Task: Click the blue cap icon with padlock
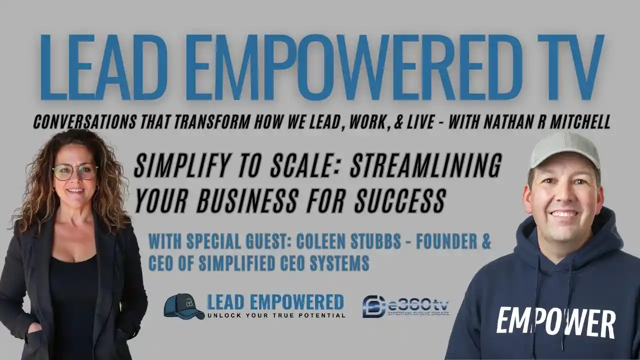click(183, 306)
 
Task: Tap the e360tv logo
click(405, 306)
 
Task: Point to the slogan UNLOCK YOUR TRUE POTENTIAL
click(276, 315)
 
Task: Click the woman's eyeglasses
click(75, 171)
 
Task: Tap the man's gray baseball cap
click(563, 150)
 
